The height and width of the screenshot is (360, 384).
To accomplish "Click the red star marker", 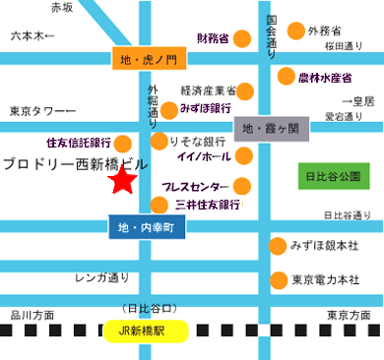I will click(123, 181).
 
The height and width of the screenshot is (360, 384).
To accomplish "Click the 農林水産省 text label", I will click(325, 76).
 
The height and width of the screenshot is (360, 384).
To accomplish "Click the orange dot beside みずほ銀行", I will click(169, 109).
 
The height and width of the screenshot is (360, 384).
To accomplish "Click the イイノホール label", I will click(202, 155).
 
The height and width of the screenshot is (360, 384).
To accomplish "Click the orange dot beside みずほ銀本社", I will click(279, 244).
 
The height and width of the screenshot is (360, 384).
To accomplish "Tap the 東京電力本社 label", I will click(325, 279).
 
